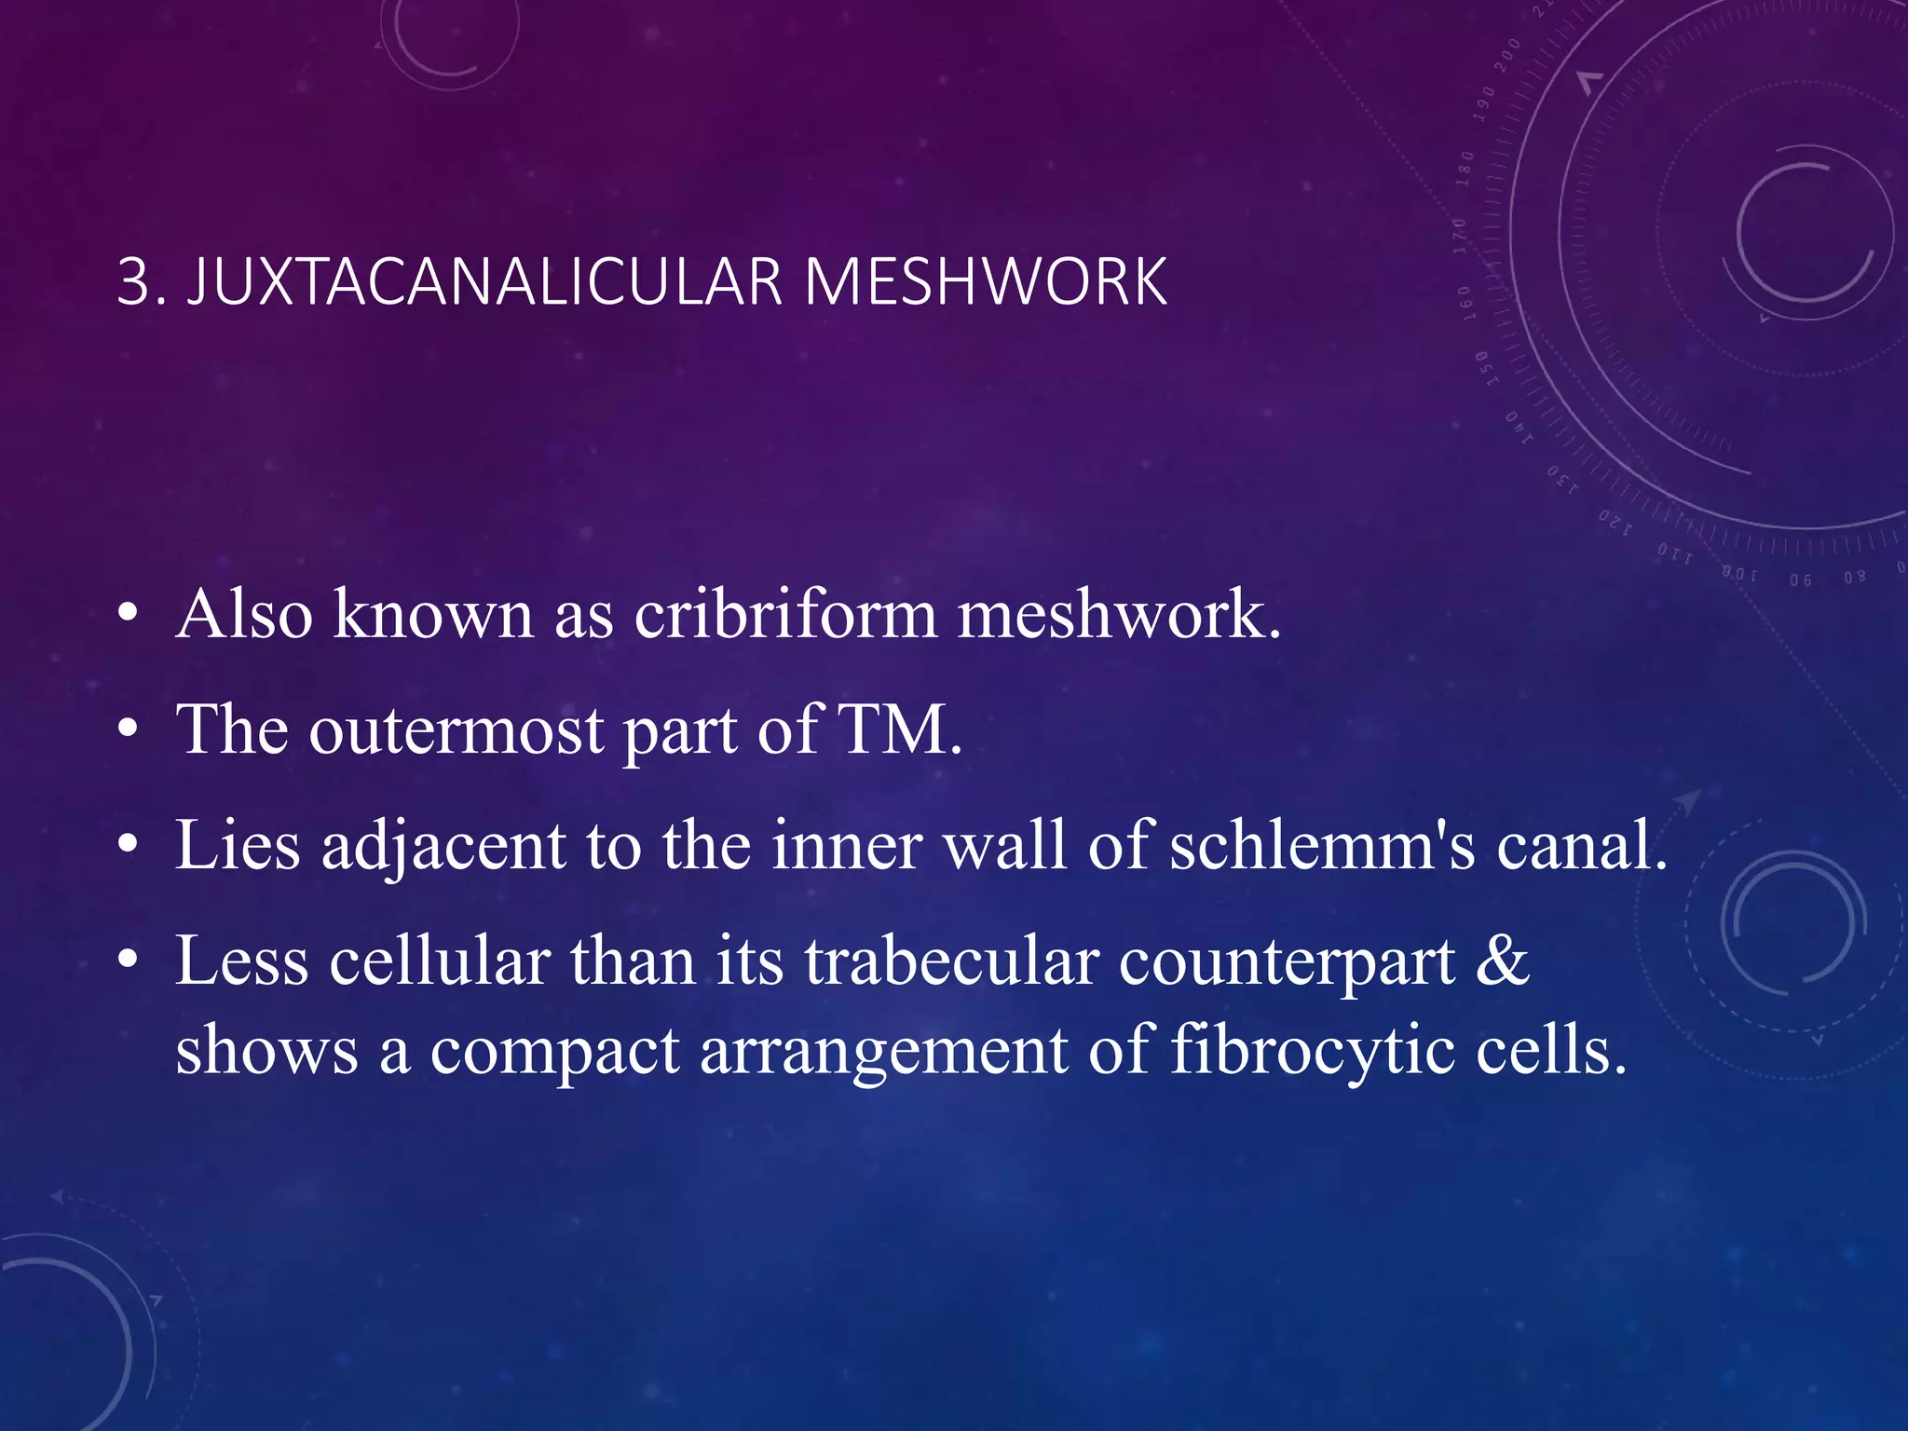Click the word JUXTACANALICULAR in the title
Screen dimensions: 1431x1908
(484, 281)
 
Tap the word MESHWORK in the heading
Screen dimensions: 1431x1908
(985, 281)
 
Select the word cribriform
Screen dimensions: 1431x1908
(785, 615)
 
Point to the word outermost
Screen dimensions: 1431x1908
(457, 730)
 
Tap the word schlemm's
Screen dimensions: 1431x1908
(1323, 846)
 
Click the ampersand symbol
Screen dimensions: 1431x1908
(1502, 961)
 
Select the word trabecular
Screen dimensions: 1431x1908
(952, 961)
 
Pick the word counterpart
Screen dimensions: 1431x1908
(1287, 961)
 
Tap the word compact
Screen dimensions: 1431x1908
(555, 1051)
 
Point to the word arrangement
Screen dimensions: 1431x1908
(883, 1051)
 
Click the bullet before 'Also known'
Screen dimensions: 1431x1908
(129, 615)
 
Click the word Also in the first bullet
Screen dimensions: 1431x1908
(244, 615)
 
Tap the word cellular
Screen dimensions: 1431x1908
(439, 961)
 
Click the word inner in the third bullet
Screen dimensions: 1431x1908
(847, 846)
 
